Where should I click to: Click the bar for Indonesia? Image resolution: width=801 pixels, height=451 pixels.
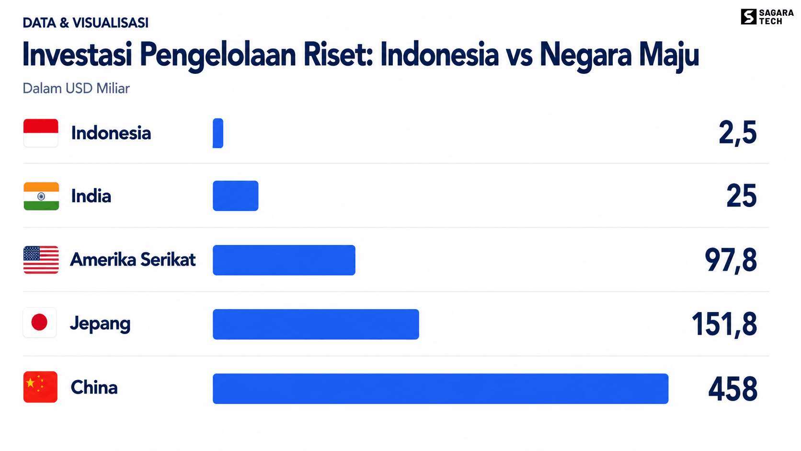coord(218,133)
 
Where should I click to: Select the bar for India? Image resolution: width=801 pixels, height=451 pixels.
coord(235,196)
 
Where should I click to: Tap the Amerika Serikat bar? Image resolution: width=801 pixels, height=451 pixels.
coord(284,260)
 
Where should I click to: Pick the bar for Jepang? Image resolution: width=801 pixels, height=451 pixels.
coord(316,324)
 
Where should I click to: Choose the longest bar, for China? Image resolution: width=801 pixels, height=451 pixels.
coord(441,389)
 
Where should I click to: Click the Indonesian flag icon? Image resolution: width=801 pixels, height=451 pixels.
coord(41,133)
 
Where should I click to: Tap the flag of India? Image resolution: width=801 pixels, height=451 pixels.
coord(41,197)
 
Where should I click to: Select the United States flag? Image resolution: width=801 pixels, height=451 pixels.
coord(41,260)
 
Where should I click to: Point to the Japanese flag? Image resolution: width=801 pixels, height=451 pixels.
coord(40,323)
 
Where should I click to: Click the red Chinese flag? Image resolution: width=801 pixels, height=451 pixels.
coord(40,387)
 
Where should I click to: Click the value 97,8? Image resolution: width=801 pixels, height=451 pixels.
coord(731,261)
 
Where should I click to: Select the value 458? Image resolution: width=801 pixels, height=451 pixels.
coord(732,389)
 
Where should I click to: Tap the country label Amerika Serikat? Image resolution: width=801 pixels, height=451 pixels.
coord(133,260)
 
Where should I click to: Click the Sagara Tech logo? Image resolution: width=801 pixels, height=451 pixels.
coord(767,17)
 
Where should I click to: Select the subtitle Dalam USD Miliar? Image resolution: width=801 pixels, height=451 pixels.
coord(76,88)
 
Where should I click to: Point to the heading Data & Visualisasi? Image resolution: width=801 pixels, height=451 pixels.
coord(85,23)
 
